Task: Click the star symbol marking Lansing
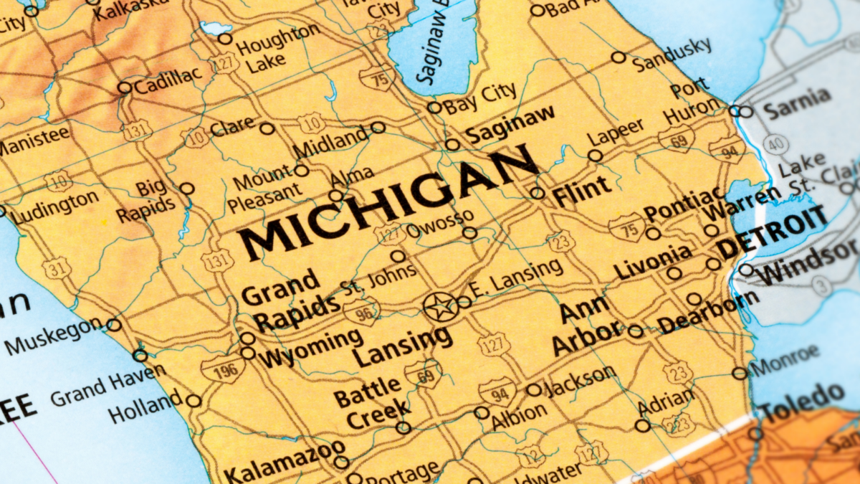tap(440, 307)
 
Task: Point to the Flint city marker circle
tap(537, 193)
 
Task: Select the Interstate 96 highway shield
tap(360, 311)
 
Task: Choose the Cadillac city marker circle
tap(125, 87)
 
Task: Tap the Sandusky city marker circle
tap(618, 57)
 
